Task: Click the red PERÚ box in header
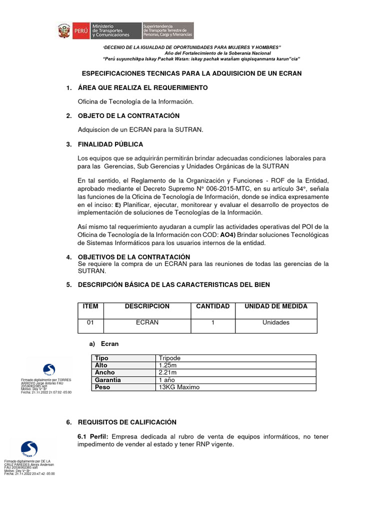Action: click(79, 31)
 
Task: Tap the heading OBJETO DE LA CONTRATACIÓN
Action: click(128, 115)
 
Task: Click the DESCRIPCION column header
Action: click(147, 306)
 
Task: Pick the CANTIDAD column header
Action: click(212, 306)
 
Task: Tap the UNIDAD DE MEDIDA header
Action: click(275, 306)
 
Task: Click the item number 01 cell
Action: click(90, 322)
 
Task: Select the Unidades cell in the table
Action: click(275, 322)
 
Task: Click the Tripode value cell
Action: click(169, 358)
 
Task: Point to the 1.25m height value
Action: click(168, 365)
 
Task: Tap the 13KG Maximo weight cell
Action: click(178, 387)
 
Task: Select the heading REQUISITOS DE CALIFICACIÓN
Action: click(127, 422)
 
